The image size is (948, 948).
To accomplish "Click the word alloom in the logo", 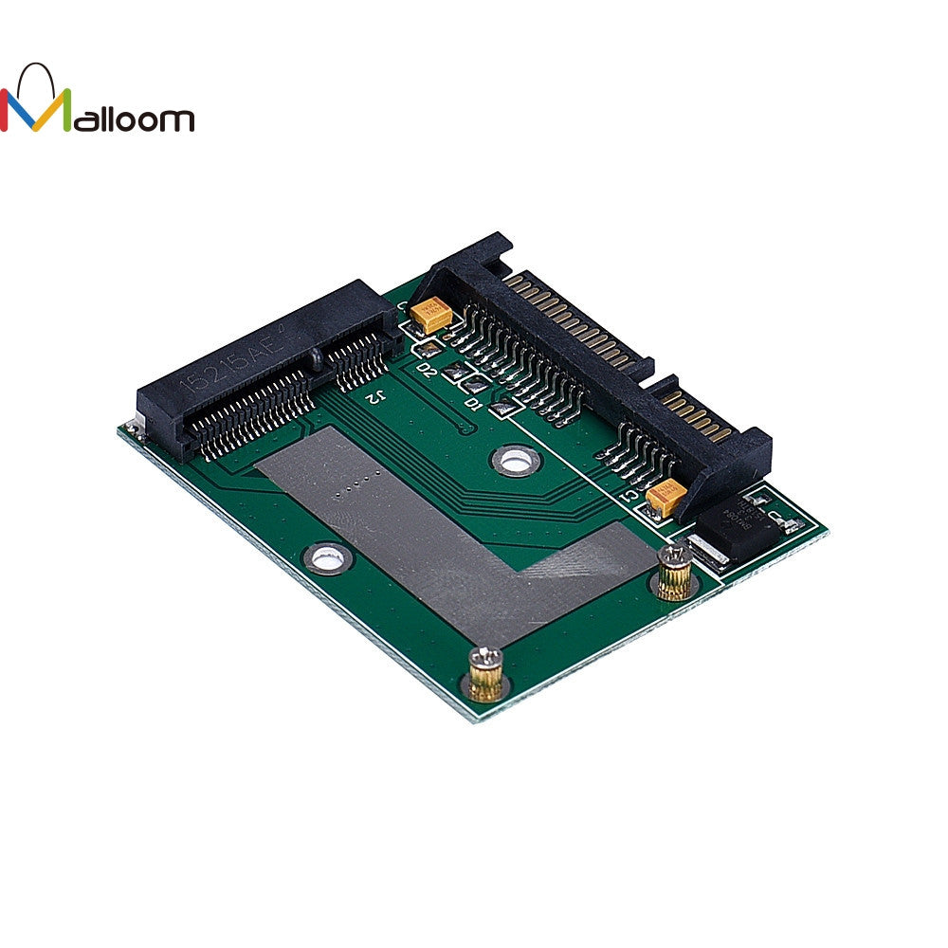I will [134, 118].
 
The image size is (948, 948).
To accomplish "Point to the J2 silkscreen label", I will [375, 396].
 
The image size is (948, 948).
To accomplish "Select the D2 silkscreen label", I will [426, 370].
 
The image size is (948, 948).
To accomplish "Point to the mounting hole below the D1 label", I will [514, 462].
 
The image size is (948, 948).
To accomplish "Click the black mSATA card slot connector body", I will [256, 360].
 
